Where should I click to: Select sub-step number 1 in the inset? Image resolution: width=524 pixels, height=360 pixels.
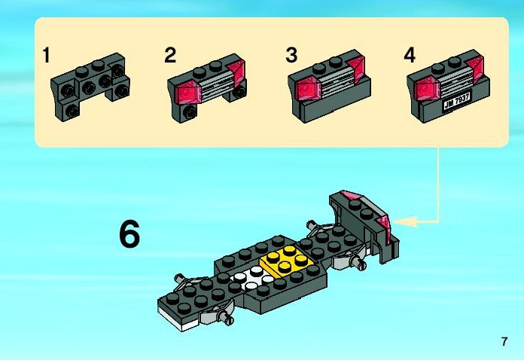[47, 55]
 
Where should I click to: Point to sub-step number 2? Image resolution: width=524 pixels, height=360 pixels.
[170, 55]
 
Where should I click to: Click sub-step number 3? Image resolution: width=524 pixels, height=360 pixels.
[291, 55]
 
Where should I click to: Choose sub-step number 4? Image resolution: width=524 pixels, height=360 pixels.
[410, 55]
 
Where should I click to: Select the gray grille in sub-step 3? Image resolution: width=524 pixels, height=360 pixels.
[338, 83]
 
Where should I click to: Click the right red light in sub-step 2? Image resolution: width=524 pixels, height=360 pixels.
[235, 74]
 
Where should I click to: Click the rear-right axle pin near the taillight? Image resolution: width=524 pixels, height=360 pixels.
[361, 264]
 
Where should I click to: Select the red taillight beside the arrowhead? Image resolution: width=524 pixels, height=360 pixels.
[383, 222]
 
